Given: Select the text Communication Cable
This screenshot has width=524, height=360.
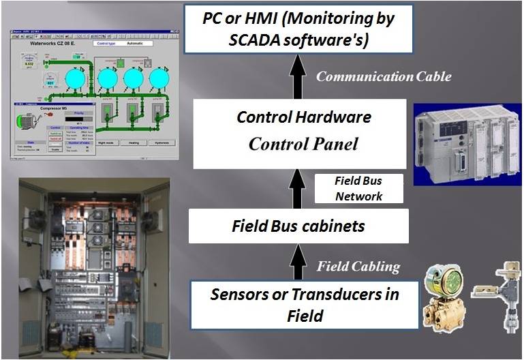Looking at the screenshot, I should [x=383, y=76].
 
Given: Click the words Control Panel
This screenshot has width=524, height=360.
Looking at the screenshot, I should [x=303, y=145].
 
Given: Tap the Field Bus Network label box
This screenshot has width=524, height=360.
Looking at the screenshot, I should [x=358, y=188].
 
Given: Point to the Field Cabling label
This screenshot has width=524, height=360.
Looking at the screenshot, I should [x=358, y=267].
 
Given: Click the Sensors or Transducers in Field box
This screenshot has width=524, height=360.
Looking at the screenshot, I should [x=304, y=304].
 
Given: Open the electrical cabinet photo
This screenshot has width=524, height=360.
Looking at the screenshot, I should [x=94, y=268].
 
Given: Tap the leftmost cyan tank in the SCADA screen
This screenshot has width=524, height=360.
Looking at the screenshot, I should [x=74, y=78].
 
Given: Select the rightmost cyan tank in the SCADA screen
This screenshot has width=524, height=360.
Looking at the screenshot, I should [x=158, y=78].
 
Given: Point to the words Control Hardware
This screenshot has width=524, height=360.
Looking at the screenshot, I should [x=303, y=117].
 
